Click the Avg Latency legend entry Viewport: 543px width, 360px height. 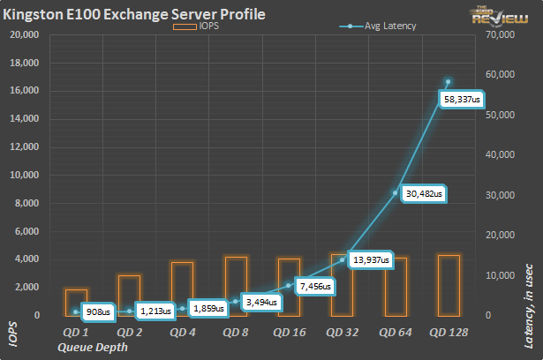click(x=381, y=26)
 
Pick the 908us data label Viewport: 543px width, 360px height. click(x=96, y=311)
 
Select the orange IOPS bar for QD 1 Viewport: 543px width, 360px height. click(x=77, y=303)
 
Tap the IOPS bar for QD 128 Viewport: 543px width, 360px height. click(x=449, y=285)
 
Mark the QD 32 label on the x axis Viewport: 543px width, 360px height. click(x=343, y=332)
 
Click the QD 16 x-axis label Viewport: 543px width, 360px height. click(x=290, y=332)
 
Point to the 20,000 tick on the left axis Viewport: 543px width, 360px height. click(x=23, y=35)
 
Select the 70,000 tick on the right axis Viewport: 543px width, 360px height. click(x=500, y=35)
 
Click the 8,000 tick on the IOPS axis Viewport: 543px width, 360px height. click(x=26, y=203)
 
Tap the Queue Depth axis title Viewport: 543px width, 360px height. click(x=92, y=347)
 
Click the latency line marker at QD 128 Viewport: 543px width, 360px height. click(x=449, y=82)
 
